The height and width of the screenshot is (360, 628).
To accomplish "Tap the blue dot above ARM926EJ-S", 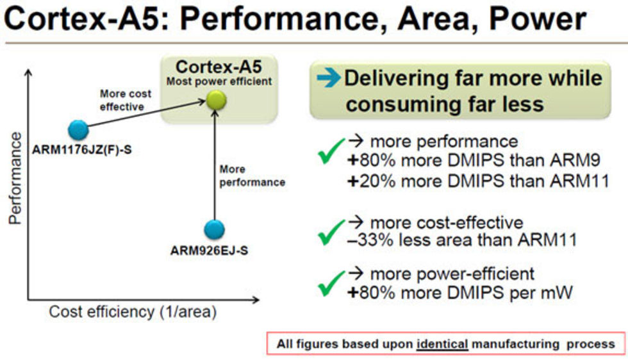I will pyautogui.click(x=214, y=229).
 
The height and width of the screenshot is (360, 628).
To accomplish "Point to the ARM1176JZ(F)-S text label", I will pyautogui.click(x=81, y=152).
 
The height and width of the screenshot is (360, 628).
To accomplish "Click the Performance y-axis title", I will pyautogui.click(x=16, y=178).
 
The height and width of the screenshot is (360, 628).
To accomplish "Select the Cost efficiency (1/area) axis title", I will pyautogui.click(x=133, y=313).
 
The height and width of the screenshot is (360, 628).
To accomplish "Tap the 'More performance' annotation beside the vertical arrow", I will pyautogui.click(x=252, y=176).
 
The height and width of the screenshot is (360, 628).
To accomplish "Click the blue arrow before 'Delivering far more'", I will pyautogui.click(x=329, y=78).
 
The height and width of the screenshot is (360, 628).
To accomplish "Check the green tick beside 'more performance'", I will pyautogui.click(x=331, y=152).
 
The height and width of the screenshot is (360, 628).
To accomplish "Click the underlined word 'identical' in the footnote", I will pyautogui.click(x=442, y=344).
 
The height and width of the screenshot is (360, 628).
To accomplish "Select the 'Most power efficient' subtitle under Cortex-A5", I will pyautogui.click(x=219, y=81).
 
